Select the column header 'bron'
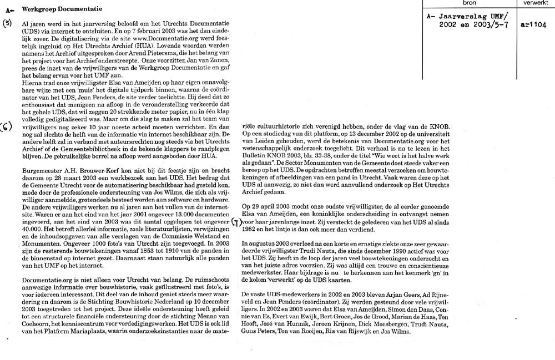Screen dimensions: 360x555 [465, 3]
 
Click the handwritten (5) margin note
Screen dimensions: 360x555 [8, 23]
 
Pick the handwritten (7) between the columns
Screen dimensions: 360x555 [235, 224]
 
